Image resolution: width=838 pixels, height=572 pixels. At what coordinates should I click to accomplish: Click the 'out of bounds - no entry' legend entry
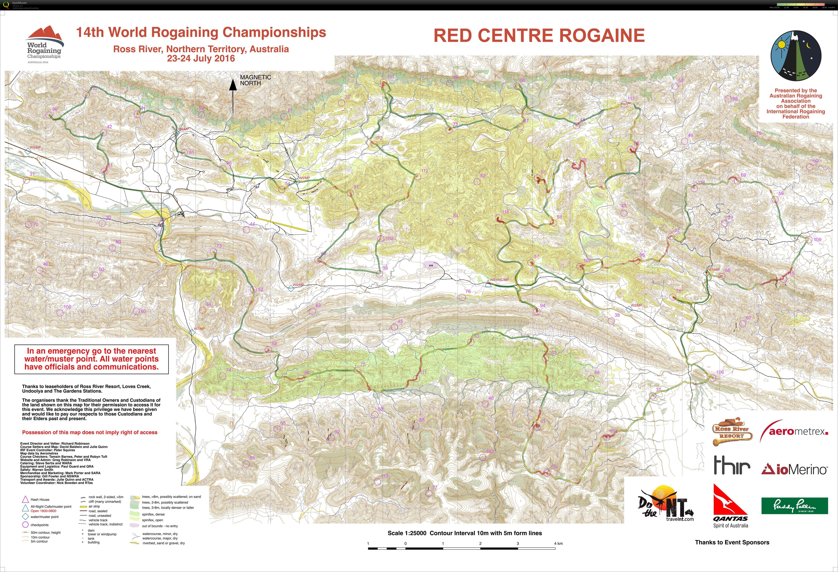[160, 526]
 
